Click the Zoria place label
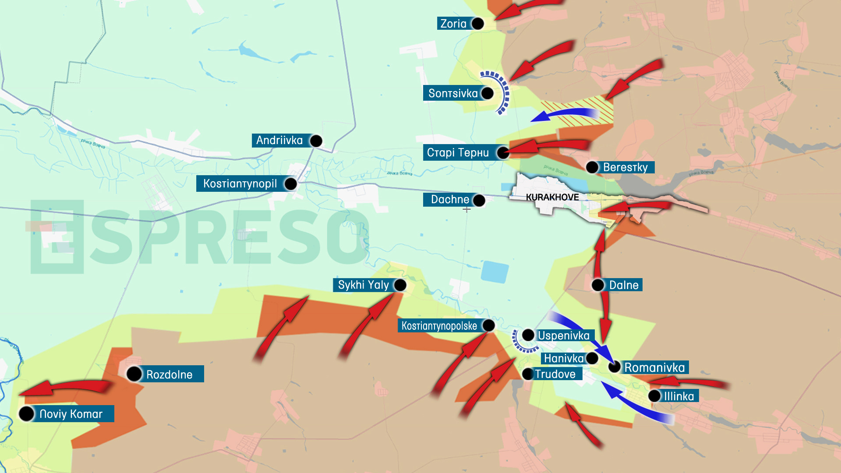[453, 24]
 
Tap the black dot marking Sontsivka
[487, 93]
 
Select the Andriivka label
[279, 141]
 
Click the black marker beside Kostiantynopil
[290, 184]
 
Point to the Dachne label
[450, 200]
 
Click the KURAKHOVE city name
[552, 198]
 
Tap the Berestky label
[625, 167]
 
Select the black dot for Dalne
[598, 285]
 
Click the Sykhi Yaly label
[363, 285]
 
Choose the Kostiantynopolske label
[439, 326]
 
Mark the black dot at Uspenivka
[528, 335]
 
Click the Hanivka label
[563, 359]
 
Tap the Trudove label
[555, 374]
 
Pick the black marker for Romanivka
[615, 367]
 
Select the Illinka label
[678, 396]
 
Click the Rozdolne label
[169, 374]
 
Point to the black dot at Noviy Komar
[27, 413]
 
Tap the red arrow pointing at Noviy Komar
[66, 387]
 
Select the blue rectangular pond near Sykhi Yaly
[495, 272]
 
